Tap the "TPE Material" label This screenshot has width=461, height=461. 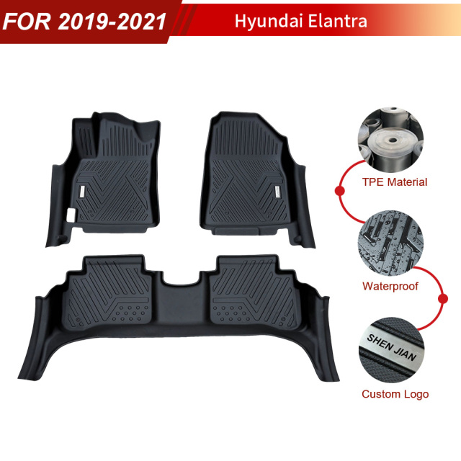coord(394,182)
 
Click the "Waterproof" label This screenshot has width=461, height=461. coord(390,286)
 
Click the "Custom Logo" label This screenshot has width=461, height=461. coord(395,394)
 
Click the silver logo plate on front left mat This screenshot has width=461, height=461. coord(83,190)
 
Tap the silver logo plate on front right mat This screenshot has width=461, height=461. coord(277,190)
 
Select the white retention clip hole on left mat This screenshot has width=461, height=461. coord(70,215)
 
